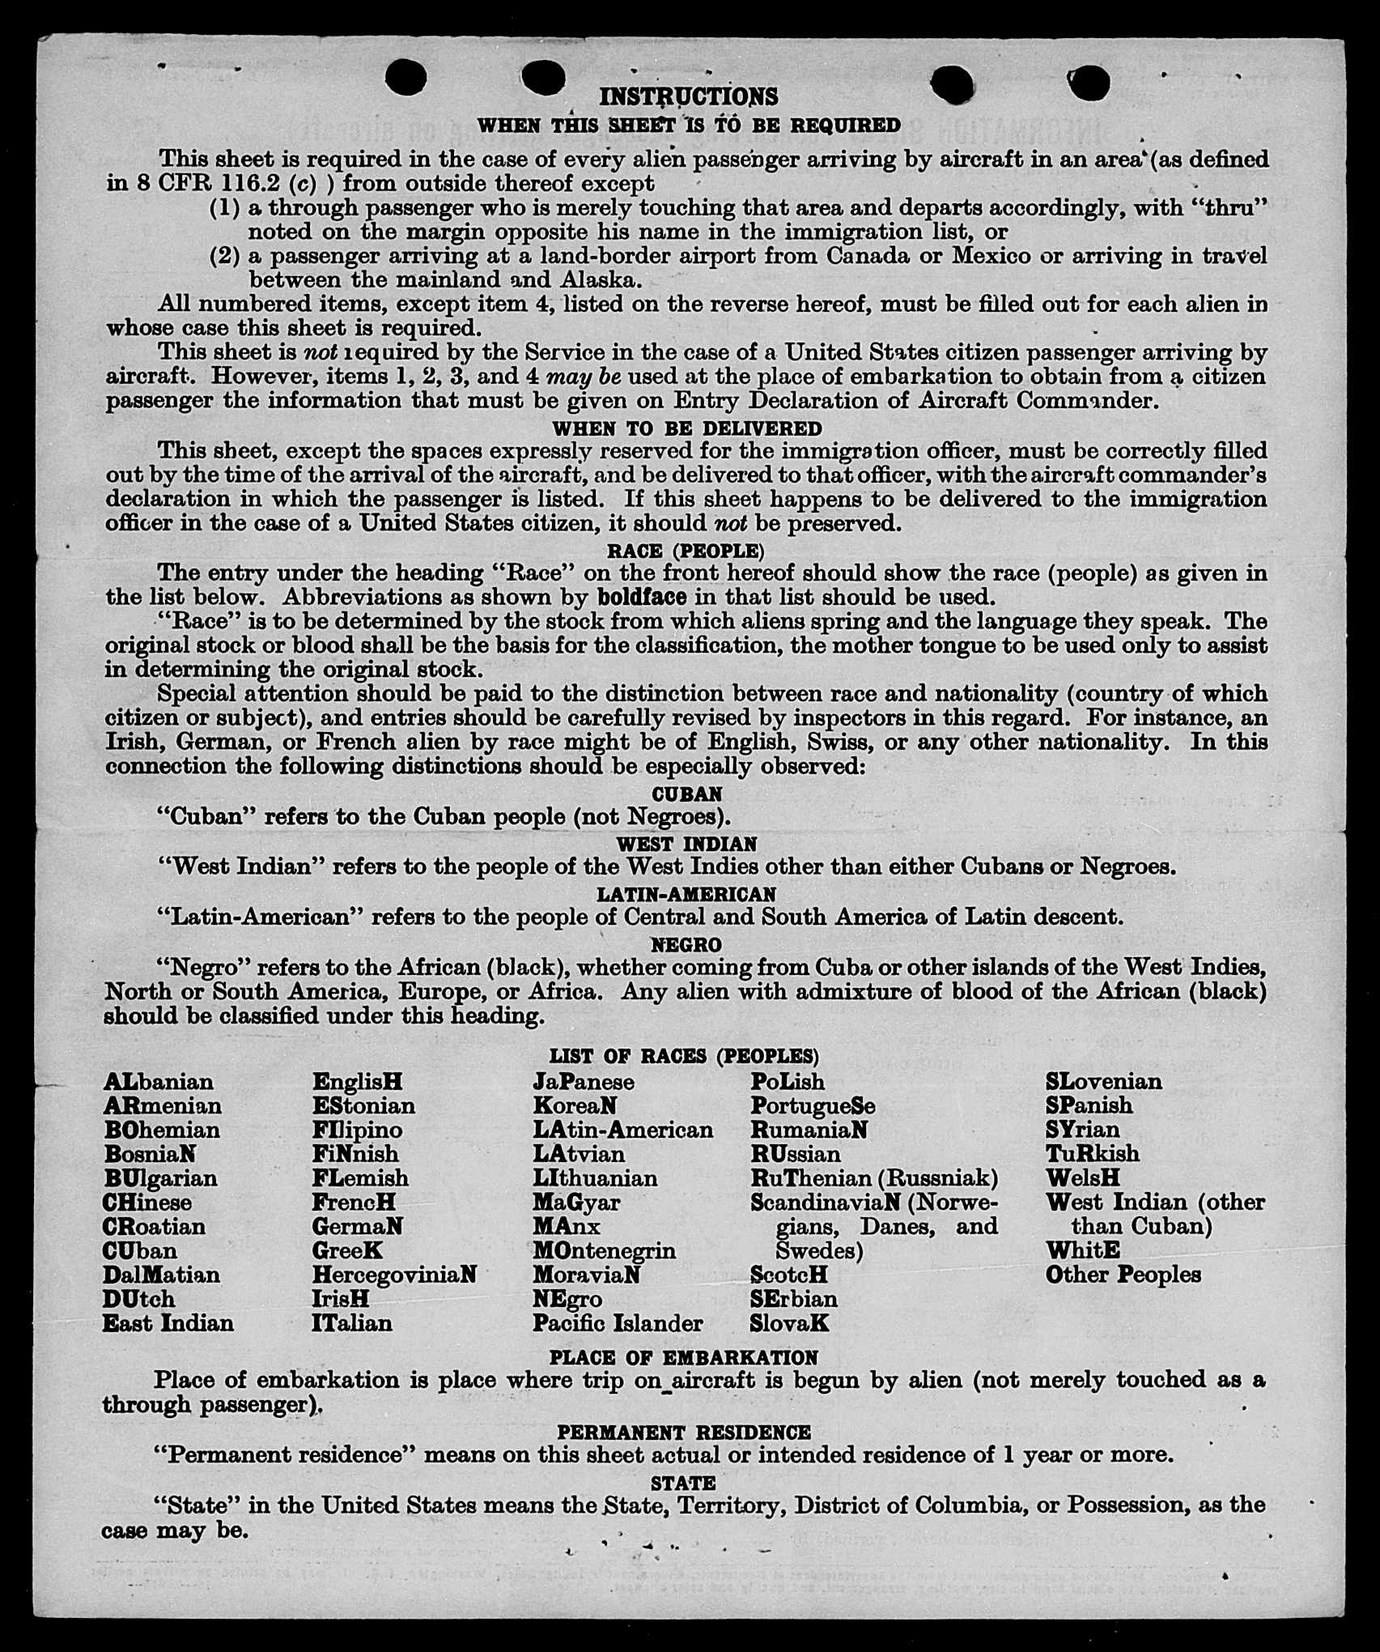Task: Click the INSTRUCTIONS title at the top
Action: [x=688, y=97]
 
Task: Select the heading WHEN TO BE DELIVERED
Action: [x=686, y=428]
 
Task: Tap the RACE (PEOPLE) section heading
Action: [x=686, y=551]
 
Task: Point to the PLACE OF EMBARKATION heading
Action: [x=684, y=1357]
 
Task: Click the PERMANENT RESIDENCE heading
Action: [x=684, y=1433]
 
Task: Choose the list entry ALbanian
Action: [x=159, y=1082]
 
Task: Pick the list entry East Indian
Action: [x=168, y=1323]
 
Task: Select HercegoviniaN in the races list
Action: [x=394, y=1275]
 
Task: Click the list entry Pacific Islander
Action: [x=618, y=1323]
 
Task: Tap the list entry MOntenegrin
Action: [x=604, y=1250]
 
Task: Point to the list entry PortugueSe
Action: [x=813, y=1106]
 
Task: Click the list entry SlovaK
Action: [x=789, y=1323]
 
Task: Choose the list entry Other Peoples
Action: [x=1123, y=1275]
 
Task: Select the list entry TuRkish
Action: [x=1092, y=1153]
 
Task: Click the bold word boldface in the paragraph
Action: [x=643, y=598]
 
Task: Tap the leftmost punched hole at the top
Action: [x=406, y=78]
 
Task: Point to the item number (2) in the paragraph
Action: [x=225, y=257]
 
